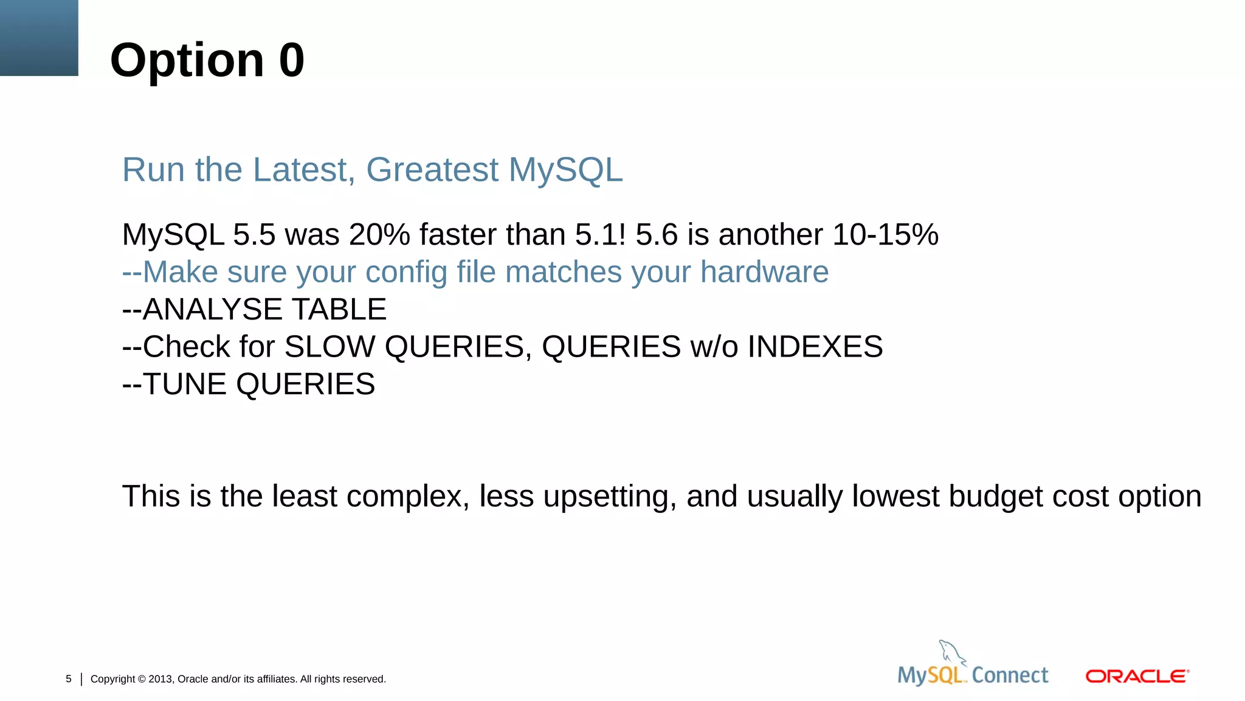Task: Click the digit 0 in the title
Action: point(292,60)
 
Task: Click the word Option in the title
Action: point(187,60)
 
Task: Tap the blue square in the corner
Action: point(39,38)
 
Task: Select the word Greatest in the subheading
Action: point(432,170)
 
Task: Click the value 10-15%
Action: point(885,235)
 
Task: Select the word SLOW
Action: point(329,347)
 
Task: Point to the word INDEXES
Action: point(815,347)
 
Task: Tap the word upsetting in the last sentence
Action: point(609,497)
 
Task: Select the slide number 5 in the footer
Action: point(69,679)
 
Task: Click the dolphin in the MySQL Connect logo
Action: point(950,653)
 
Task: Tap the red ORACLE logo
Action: point(1137,677)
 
